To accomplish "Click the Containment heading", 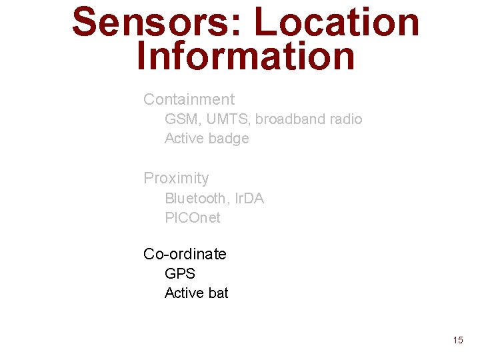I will (189, 99).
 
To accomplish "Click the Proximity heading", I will (176, 178).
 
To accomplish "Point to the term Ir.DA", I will (249, 198).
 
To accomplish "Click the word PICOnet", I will (192, 217).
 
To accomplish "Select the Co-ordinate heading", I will (185, 254).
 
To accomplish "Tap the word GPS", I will (179, 273).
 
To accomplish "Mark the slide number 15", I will (457, 340).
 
